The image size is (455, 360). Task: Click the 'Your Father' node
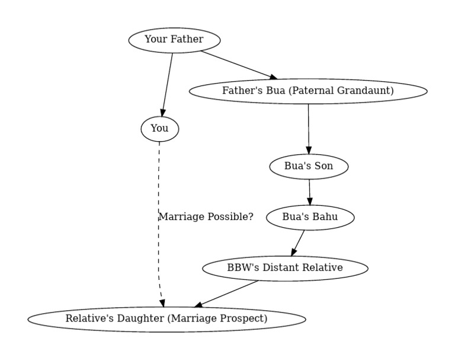coord(174,40)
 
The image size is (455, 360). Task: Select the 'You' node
coord(159,129)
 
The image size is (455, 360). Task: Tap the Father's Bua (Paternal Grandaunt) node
coord(307,91)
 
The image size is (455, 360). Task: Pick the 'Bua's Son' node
coord(309,166)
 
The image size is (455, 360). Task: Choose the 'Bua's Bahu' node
coord(310,217)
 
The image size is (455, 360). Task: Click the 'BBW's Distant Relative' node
coord(285,267)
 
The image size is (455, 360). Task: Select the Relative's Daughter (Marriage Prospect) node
coord(166,318)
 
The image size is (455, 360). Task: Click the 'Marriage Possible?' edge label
coord(206,217)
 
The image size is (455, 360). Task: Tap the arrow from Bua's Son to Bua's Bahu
coord(309,192)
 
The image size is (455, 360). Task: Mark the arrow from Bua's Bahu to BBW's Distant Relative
coord(298,242)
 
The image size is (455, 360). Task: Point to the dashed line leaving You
coord(158,178)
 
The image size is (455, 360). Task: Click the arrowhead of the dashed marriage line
coord(162,302)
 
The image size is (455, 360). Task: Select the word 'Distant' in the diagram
coord(280,267)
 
